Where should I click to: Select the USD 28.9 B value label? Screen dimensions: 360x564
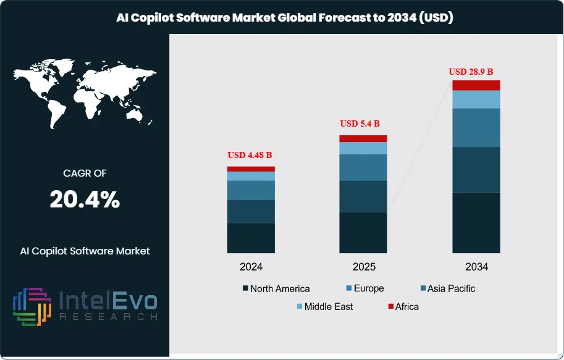[x=475, y=72]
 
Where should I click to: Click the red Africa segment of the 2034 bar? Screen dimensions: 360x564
[x=476, y=85]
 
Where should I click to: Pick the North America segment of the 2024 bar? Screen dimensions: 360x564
[x=251, y=238]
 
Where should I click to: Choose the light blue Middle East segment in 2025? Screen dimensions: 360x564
[x=363, y=148]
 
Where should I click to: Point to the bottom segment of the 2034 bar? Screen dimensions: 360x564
[x=476, y=222]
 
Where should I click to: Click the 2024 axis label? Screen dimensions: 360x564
[x=251, y=267]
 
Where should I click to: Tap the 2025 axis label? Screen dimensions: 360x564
[x=363, y=267]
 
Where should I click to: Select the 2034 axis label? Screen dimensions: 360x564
[x=476, y=267]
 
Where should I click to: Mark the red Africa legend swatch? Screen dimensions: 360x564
[x=391, y=306]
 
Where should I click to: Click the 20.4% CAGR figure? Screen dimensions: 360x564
[x=85, y=200]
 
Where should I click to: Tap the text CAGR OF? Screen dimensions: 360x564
[x=85, y=174]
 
